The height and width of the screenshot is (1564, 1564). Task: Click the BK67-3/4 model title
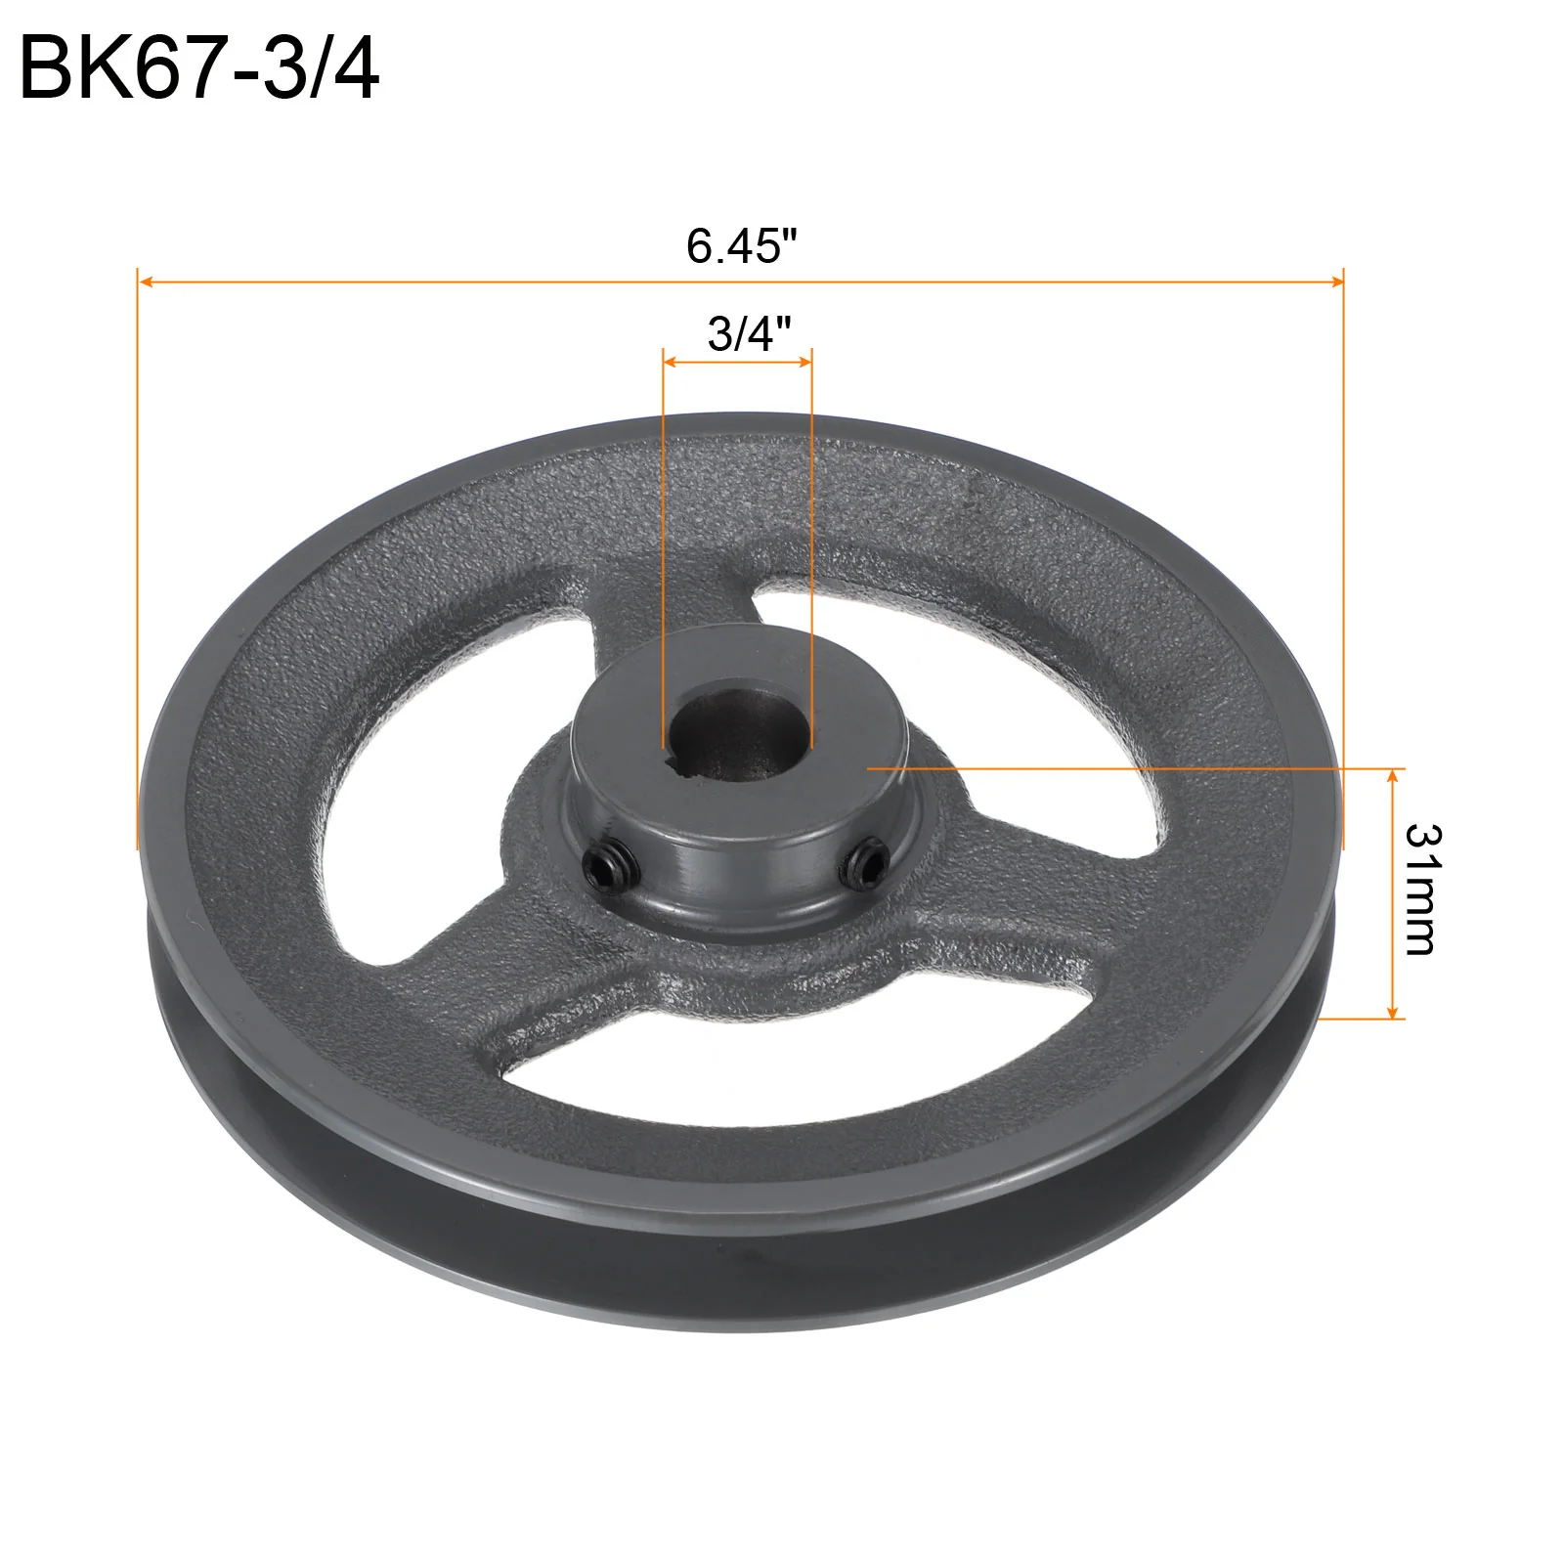click(x=199, y=67)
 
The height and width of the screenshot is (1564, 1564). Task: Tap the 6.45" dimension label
click(x=742, y=245)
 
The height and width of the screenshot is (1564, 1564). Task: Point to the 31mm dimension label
click(x=1421, y=889)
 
